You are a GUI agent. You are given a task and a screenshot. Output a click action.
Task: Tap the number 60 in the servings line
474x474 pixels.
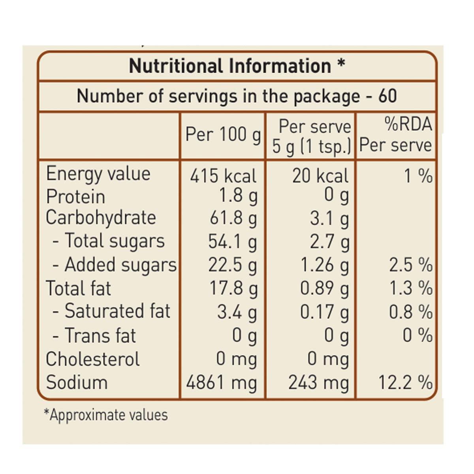[387, 96]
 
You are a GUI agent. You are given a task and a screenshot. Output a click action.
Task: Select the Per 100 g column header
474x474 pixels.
[223, 135]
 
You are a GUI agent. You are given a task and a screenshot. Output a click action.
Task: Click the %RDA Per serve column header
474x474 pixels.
[395, 135]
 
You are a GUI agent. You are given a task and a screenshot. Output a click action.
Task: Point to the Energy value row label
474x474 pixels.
[98, 174]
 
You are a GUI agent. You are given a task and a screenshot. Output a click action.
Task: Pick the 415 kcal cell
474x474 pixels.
[223, 176]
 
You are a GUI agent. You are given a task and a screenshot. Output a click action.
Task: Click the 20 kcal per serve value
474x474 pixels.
[320, 176]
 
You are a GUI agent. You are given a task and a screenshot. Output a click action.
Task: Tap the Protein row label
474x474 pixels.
[75, 196]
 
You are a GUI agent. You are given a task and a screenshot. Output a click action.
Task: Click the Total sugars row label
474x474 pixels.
[114, 241]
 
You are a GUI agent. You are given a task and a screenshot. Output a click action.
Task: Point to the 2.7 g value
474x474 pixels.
[329, 242]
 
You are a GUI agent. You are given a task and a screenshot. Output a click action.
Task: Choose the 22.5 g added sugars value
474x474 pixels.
[233, 265]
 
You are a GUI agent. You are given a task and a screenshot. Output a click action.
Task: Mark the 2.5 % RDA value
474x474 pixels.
[410, 265]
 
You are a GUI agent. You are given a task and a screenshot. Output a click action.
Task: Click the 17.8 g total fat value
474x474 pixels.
[233, 288]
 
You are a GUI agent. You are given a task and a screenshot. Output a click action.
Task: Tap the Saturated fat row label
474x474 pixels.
[117, 311]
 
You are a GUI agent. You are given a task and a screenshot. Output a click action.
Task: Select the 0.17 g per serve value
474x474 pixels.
[324, 312]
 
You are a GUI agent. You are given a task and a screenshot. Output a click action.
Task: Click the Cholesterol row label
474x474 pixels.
[93, 359]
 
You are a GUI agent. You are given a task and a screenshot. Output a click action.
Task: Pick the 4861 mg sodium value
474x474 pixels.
[222, 382]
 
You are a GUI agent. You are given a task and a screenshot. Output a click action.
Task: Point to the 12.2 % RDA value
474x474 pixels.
[405, 382]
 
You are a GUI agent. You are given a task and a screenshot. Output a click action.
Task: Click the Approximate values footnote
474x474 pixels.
[106, 415]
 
